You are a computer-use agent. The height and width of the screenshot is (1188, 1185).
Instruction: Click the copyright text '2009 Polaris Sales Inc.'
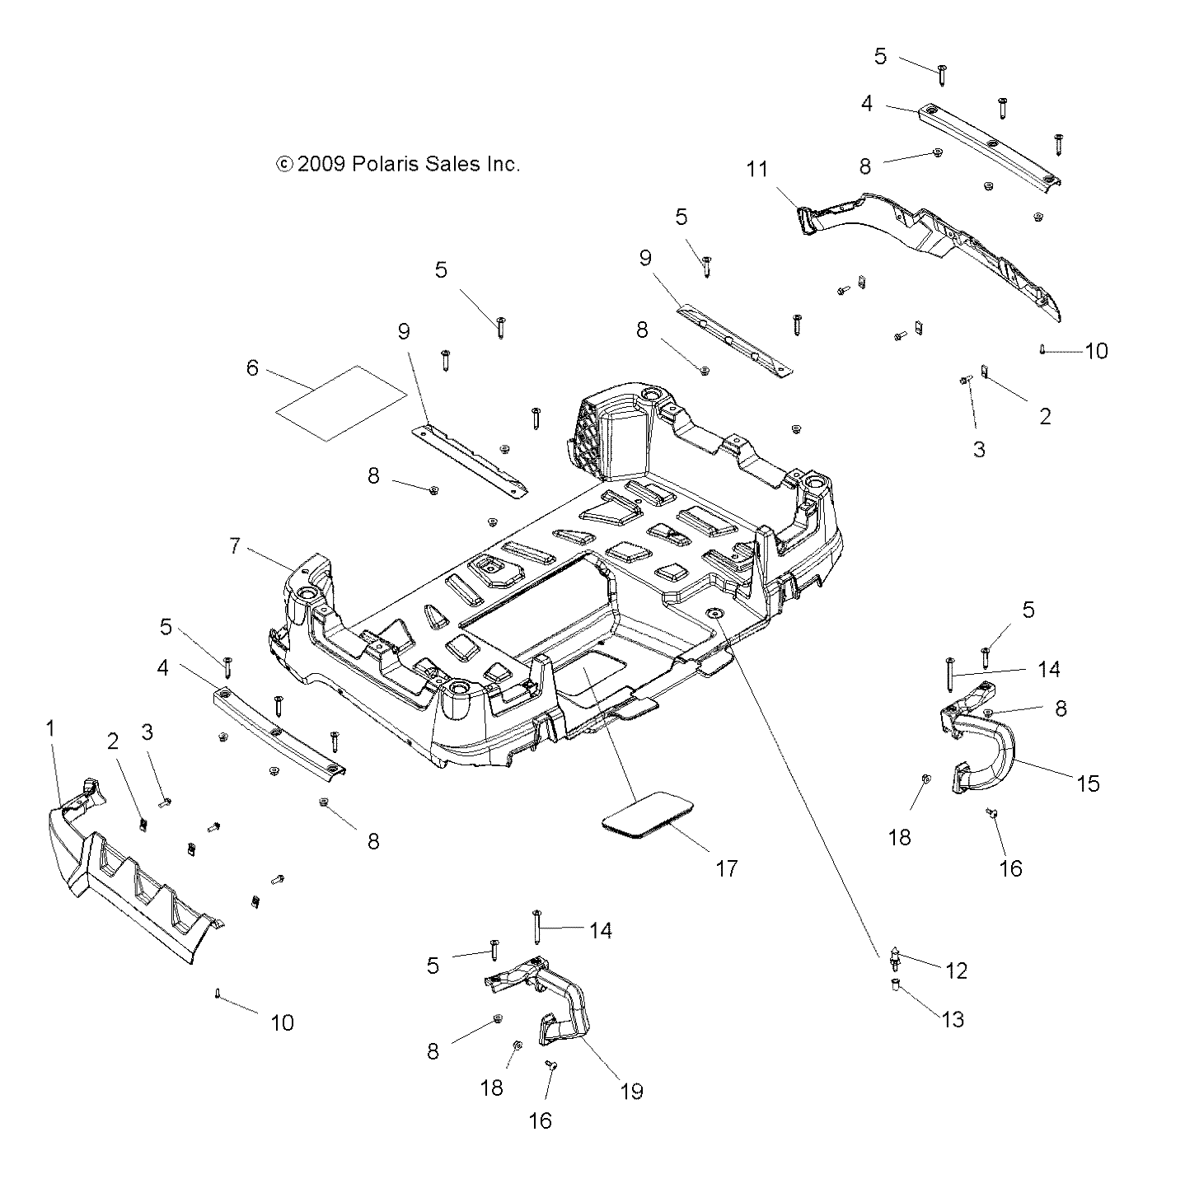398,164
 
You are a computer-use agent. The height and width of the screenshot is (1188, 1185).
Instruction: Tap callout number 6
252,368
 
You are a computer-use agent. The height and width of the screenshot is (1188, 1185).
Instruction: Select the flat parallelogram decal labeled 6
341,403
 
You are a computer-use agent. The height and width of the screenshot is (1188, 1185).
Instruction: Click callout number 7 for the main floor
235,546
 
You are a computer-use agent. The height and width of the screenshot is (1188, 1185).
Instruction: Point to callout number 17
726,868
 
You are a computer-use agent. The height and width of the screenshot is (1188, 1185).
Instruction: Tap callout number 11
757,170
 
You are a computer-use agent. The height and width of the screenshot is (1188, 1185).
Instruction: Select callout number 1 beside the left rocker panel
50,728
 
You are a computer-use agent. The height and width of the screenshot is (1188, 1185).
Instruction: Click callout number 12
956,971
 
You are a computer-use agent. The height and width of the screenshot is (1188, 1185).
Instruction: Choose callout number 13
953,1019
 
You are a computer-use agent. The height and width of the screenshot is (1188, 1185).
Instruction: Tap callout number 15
1089,783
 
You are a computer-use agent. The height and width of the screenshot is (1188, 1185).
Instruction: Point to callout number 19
632,1091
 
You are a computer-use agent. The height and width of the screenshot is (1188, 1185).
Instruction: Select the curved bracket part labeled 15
981,746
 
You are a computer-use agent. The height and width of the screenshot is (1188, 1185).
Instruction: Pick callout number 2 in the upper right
1045,416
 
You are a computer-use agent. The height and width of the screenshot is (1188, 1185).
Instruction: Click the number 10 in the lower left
282,1022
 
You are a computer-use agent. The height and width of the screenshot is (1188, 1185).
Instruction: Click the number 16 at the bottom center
541,1120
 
